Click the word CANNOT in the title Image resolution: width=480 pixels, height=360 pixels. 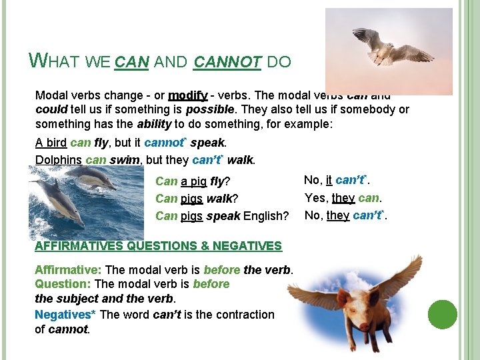coord(227,63)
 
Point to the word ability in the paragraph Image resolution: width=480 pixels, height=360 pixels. coord(155,123)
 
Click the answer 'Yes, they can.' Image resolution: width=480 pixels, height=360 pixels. coord(343,198)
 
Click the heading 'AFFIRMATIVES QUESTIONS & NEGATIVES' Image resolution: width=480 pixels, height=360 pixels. coord(158,246)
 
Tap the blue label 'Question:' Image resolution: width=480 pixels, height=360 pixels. coord(63,284)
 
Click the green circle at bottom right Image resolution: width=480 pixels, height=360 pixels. coord(443,315)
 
